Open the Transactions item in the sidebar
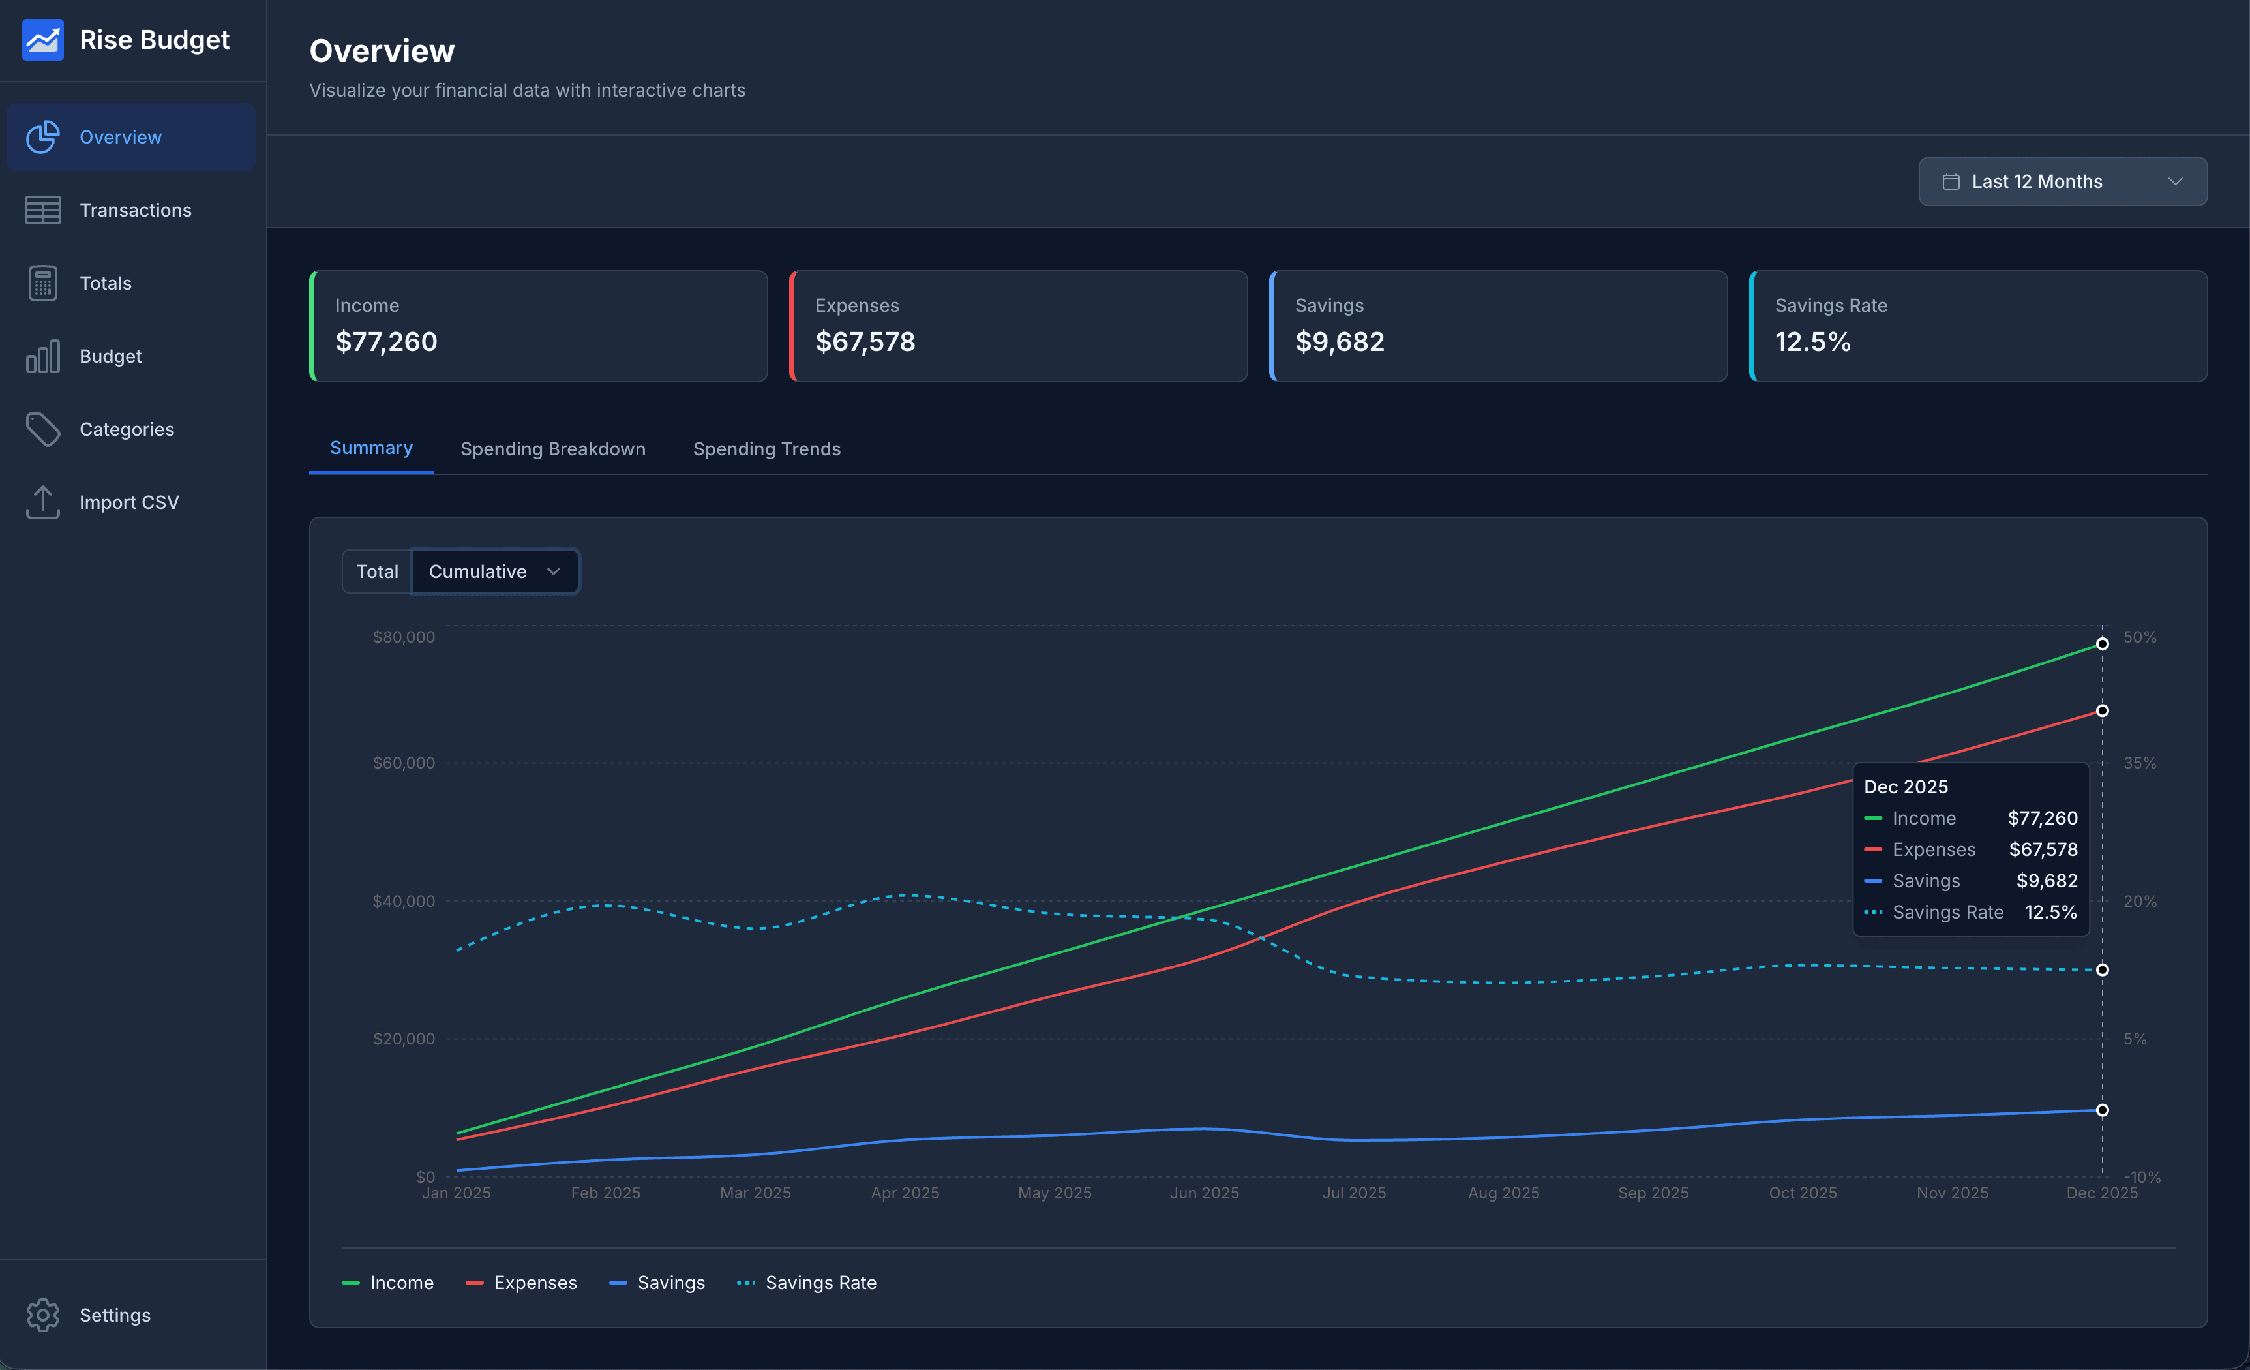click(134, 210)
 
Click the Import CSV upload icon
click(43, 502)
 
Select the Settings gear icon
click(43, 1315)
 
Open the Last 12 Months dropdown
click(2062, 182)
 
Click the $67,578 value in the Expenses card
click(864, 342)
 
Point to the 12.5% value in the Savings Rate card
click(1812, 342)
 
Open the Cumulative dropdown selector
click(494, 571)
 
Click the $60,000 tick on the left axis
click(404, 763)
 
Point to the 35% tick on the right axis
click(2138, 763)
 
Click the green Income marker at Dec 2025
click(2101, 644)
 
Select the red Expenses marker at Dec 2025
click(2101, 710)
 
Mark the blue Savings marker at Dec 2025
click(2101, 1110)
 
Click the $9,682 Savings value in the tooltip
click(2047, 881)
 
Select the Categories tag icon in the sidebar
click(43, 429)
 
